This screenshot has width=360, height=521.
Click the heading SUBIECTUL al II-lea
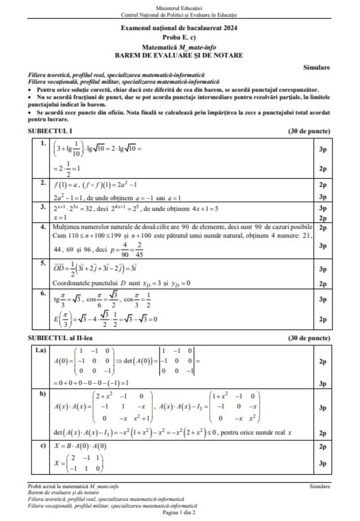coord(60,338)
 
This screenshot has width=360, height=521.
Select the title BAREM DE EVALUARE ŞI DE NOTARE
coord(179,55)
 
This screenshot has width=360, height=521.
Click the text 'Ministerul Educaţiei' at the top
coord(179,8)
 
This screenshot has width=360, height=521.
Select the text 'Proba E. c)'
coord(179,37)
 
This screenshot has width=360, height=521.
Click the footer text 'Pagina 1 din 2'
coord(179,512)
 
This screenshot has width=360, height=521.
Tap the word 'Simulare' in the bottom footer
coord(319,486)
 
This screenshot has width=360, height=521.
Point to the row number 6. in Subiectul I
coord(43,293)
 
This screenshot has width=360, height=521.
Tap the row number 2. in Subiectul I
coord(43,183)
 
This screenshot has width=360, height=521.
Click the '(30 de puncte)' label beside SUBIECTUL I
coord(309,131)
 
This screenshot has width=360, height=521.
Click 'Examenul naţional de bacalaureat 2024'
coord(179,28)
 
